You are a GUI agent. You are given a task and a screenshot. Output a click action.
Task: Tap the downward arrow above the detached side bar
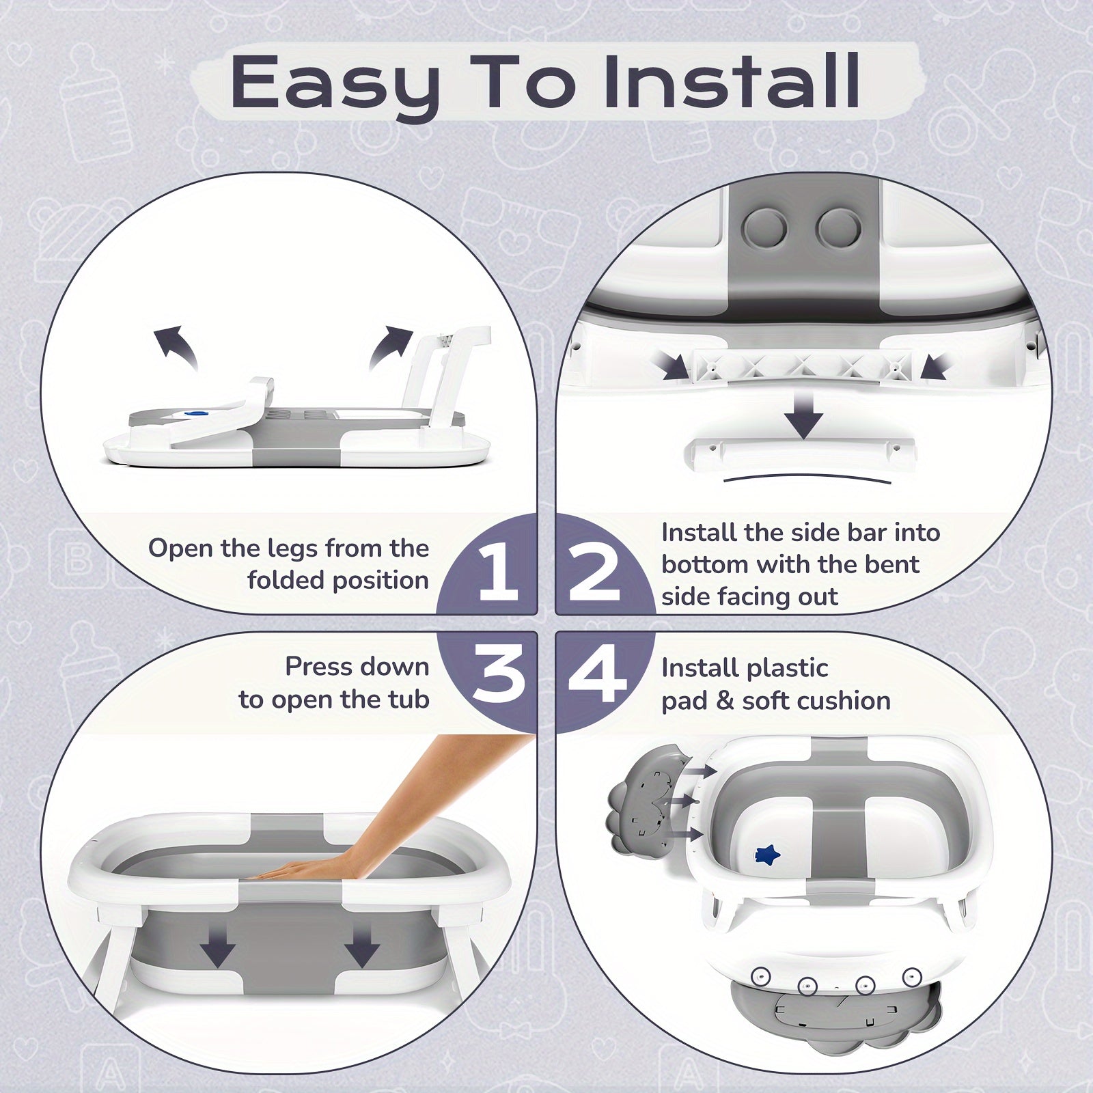coord(804,417)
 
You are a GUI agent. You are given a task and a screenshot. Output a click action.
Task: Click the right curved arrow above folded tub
coord(391,346)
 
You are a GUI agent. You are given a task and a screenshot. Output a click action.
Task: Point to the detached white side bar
coord(801,453)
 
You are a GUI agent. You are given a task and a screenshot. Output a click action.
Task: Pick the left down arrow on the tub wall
coord(218,950)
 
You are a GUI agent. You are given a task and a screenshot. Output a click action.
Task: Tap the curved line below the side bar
coord(807,478)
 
